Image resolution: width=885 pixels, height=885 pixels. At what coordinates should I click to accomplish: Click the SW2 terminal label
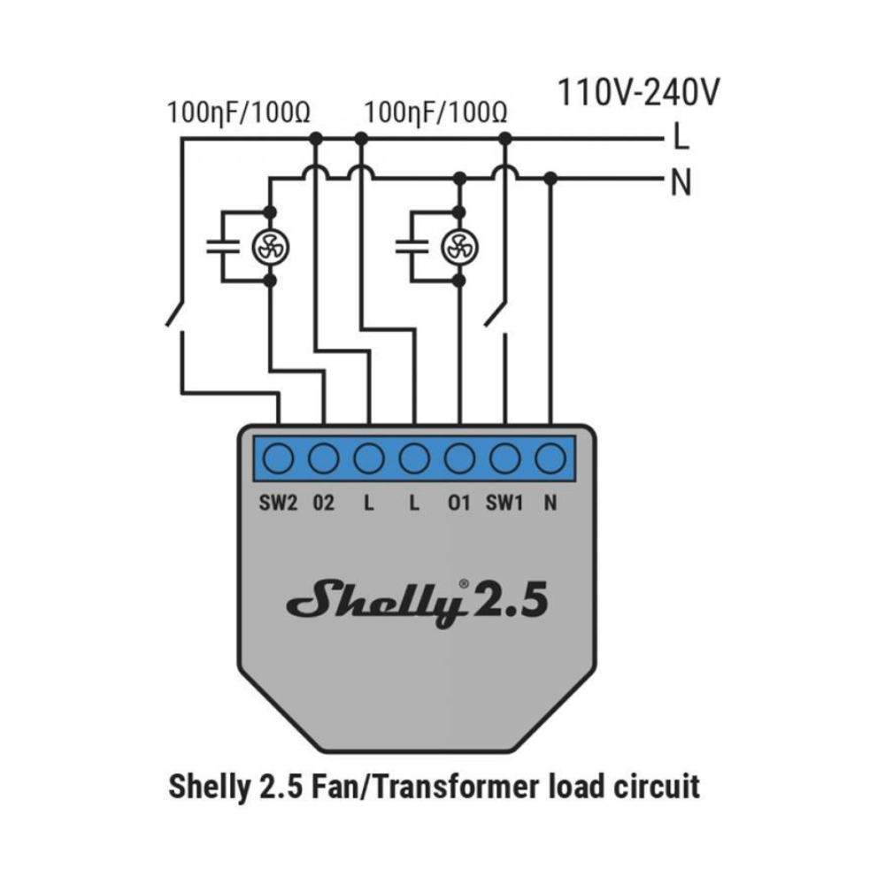coord(278,503)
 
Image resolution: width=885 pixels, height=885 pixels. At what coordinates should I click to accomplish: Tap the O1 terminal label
coord(458,503)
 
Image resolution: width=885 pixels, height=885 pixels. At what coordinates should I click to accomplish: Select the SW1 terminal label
coord(504,503)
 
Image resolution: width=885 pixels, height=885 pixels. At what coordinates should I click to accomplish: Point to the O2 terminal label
coord(323,503)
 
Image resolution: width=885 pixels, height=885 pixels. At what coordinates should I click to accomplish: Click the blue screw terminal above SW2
coord(278,458)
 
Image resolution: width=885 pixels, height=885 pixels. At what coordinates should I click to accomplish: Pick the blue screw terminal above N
coord(550,458)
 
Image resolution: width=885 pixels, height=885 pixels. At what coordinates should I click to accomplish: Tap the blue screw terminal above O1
coord(460,458)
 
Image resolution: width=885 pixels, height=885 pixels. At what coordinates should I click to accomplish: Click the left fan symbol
coord(270,247)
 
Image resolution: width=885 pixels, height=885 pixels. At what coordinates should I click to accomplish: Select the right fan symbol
coord(459,247)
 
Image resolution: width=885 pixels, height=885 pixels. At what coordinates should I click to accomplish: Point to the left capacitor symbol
coord(223,247)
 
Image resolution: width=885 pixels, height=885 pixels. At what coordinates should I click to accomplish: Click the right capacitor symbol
coord(412,247)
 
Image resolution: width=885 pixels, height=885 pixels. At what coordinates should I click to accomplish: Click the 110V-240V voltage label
coord(638,93)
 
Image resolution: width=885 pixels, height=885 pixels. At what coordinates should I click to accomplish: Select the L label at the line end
coord(681,137)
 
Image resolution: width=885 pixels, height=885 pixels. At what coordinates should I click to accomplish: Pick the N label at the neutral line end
coord(681,182)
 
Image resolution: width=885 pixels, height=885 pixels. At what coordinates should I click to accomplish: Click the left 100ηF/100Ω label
coord(239,113)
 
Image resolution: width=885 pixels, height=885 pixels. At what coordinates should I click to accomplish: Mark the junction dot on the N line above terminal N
coord(550,179)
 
